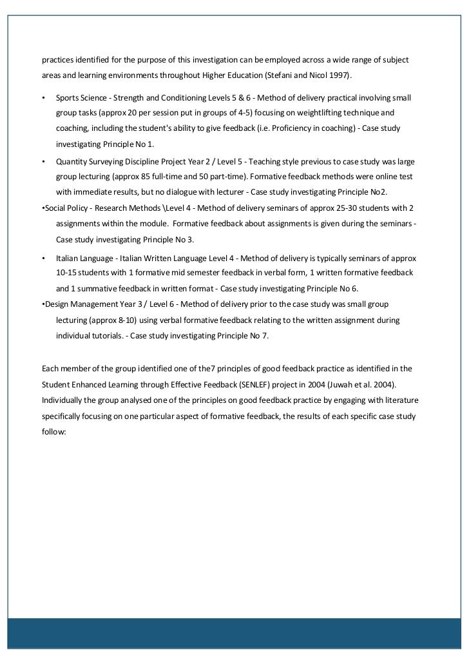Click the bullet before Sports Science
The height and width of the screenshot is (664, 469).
click(x=43, y=98)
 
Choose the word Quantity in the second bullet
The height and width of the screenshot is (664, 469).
click(x=72, y=161)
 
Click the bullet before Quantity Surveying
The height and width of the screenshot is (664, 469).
click(x=43, y=161)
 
